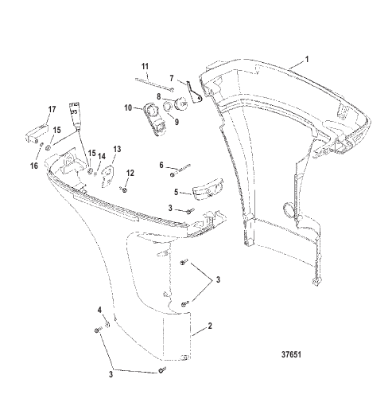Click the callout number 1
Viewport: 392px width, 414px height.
307,59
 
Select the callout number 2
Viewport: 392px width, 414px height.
210,326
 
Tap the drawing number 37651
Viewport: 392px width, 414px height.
291,354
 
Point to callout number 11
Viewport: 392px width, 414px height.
145,66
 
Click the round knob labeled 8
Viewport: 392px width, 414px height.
181,103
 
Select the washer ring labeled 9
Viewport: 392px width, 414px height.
168,106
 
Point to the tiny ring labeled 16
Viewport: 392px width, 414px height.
42,144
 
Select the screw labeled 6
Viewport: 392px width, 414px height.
181,170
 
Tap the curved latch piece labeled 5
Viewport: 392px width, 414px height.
208,189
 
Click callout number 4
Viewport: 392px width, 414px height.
99,310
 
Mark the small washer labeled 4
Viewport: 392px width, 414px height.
107,324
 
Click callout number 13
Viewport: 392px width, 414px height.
117,149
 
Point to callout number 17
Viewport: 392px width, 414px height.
52,109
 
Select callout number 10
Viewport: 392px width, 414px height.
128,108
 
